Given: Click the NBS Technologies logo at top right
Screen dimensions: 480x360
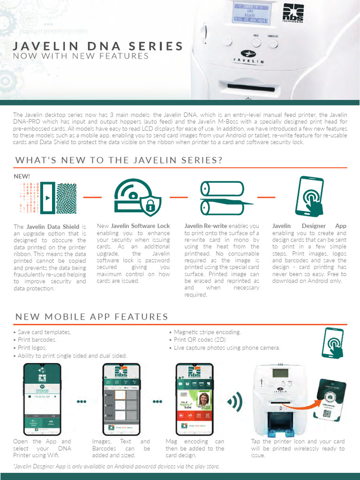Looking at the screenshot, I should tap(293, 14).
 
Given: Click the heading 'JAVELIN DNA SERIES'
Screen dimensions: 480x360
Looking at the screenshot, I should tap(98, 46).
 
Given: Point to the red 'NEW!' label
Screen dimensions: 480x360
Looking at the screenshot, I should tap(22, 177).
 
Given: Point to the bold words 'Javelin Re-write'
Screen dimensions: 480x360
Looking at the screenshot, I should tap(206, 226).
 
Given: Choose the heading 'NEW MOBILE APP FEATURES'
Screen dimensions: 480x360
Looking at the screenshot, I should tap(92, 316).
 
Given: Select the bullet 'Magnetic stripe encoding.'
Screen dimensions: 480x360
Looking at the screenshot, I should tap(207, 332).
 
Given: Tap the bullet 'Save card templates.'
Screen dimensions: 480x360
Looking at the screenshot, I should tap(45, 332).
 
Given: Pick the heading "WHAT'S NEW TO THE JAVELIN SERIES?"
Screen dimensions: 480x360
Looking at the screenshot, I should tap(119, 160).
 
